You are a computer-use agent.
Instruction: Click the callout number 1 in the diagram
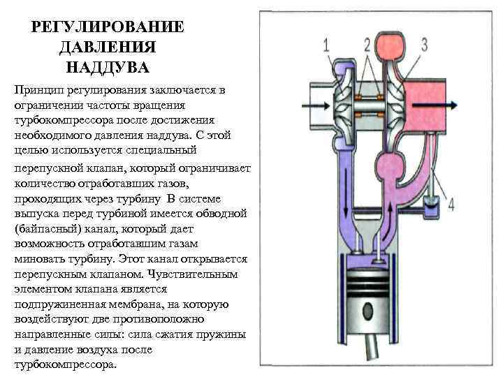(326, 46)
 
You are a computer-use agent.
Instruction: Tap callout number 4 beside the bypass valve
(451, 205)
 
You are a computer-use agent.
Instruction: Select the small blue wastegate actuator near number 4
(431, 205)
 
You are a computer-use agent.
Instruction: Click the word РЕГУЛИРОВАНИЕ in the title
(108, 27)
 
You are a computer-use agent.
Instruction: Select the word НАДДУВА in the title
(108, 68)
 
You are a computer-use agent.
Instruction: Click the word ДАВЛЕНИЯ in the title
(108, 47)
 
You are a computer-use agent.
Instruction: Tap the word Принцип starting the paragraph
(38, 91)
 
